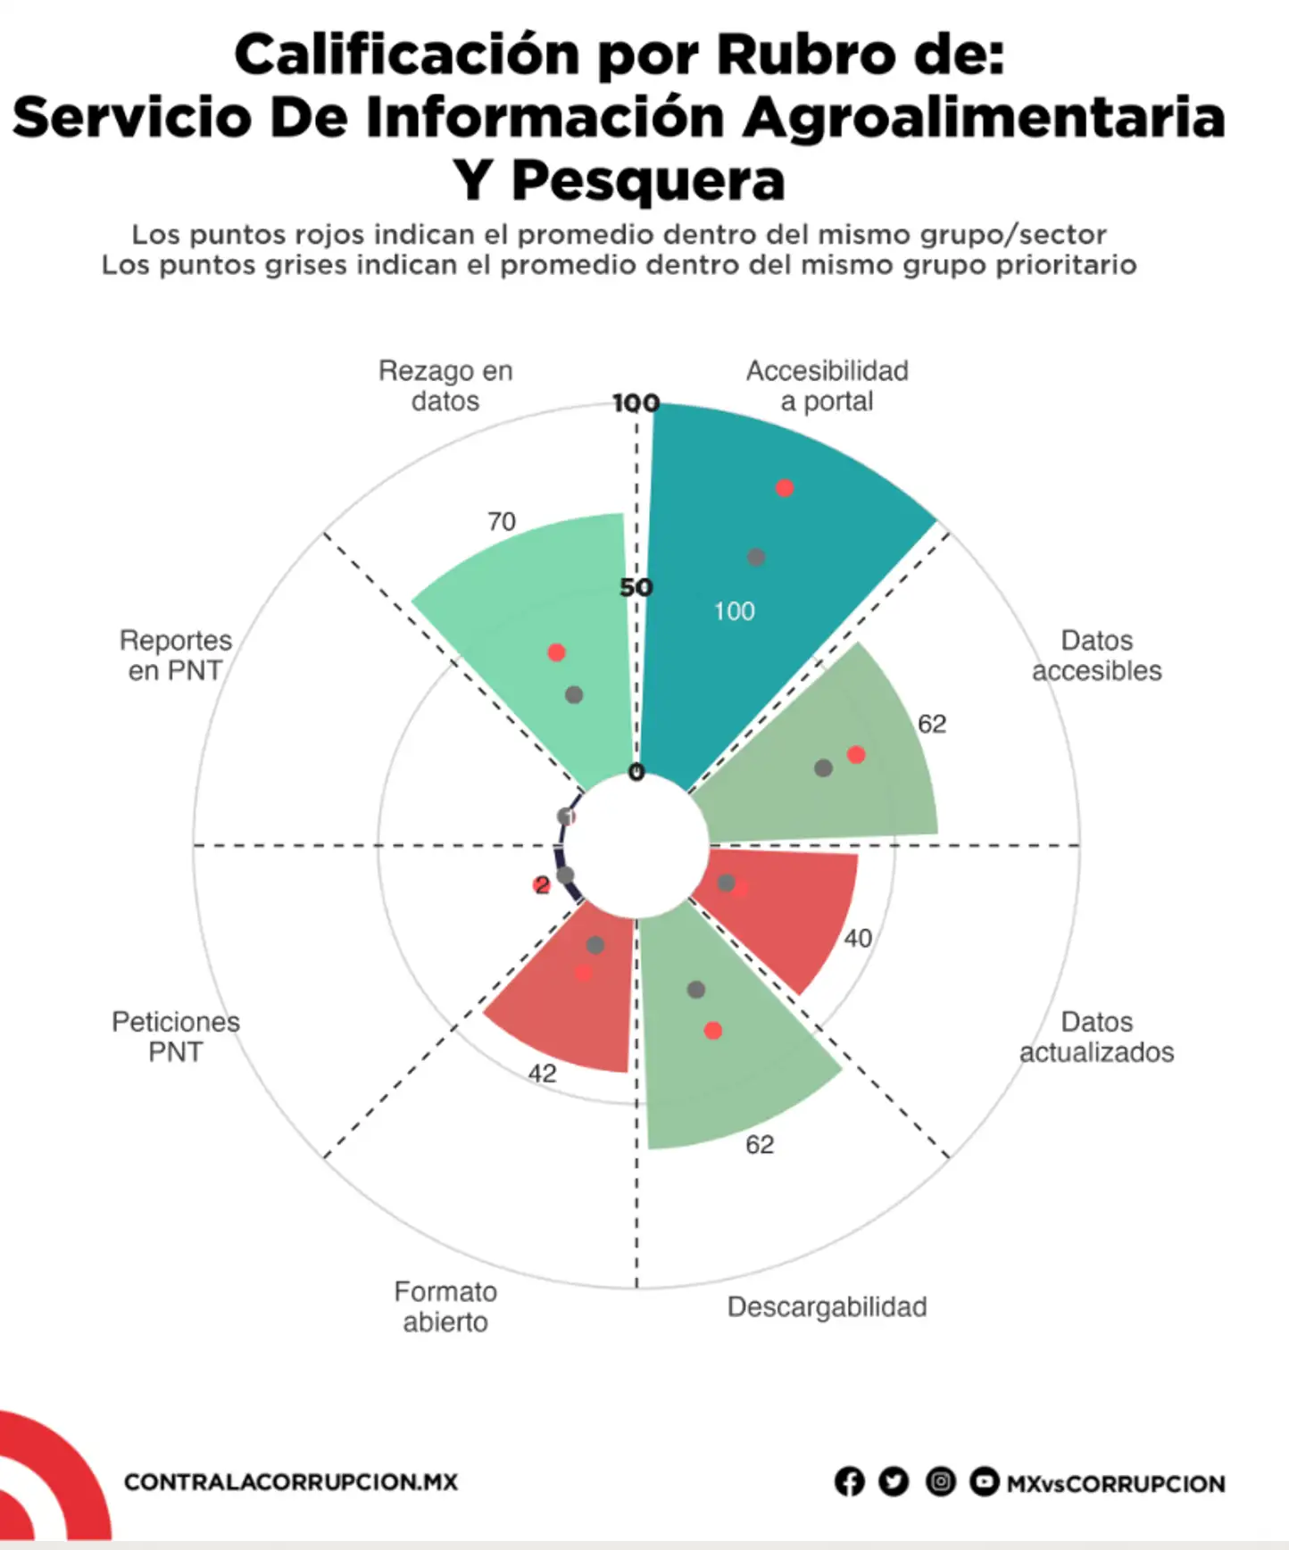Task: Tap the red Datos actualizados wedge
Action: click(786, 910)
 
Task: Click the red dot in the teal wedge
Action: click(785, 488)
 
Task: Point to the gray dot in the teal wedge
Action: click(756, 558)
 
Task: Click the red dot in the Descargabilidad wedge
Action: click(713, 1031)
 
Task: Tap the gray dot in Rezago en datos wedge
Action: click(574, 694)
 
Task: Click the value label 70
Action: click(502, 521)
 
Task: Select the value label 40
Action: click(858, 938)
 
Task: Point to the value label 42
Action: click(542, 1073)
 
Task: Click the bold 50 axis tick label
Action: click(636, 587)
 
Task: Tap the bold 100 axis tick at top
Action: click(636, 403)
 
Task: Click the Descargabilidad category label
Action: click(827, 1306)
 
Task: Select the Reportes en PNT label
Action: click(176, 655)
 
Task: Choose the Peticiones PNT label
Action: click(176, 1036)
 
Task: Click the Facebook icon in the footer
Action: click(849, 1482)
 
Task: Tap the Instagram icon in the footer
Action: click(940, 1482)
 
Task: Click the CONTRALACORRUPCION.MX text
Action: click(291, 1482)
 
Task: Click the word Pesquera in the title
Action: click(648, 181)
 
